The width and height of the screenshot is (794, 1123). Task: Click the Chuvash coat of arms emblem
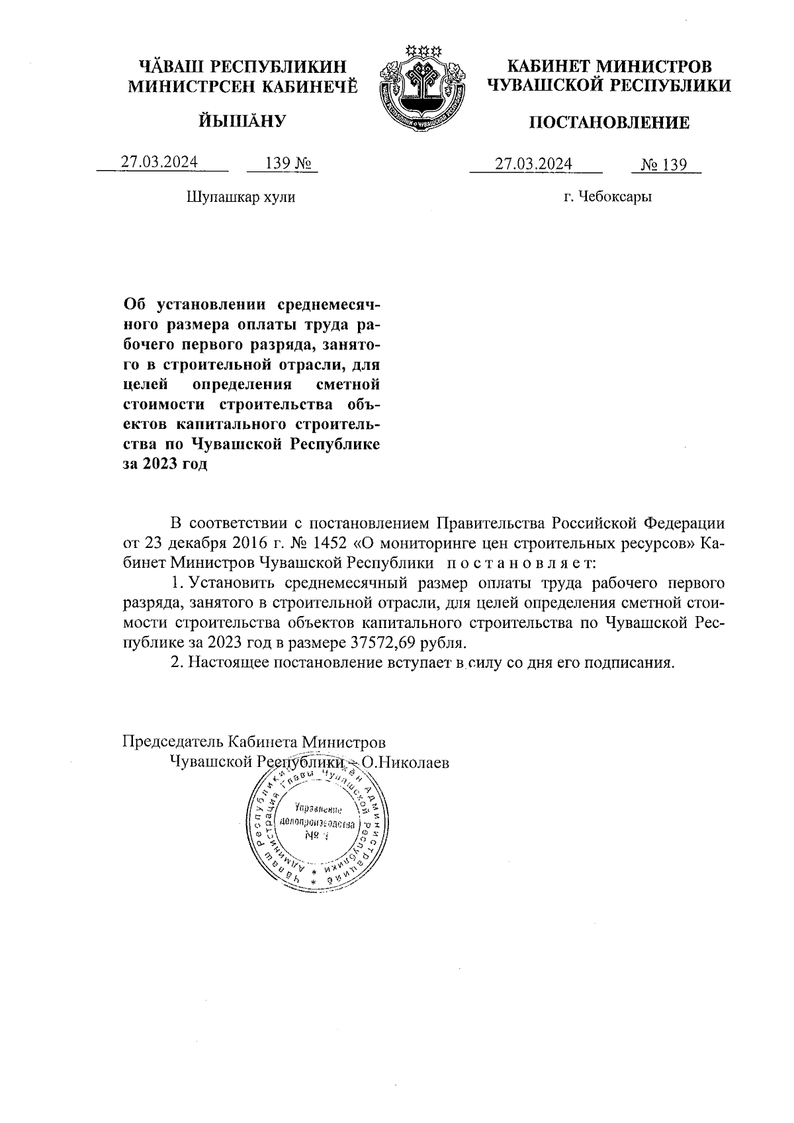coord(421,87)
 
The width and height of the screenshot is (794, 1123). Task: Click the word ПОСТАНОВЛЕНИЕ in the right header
coord(609,122)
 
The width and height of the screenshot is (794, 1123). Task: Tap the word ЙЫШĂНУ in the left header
coord(242,121)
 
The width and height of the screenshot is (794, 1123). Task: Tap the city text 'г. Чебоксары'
coord(607,197)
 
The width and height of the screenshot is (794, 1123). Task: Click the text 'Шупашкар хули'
coord(241,197)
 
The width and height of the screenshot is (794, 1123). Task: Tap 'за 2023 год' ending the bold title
coord(165,463)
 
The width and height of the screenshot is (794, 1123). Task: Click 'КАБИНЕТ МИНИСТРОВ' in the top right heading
coord(609,67)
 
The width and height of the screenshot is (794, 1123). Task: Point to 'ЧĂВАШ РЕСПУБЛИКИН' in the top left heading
coord(242,67)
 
